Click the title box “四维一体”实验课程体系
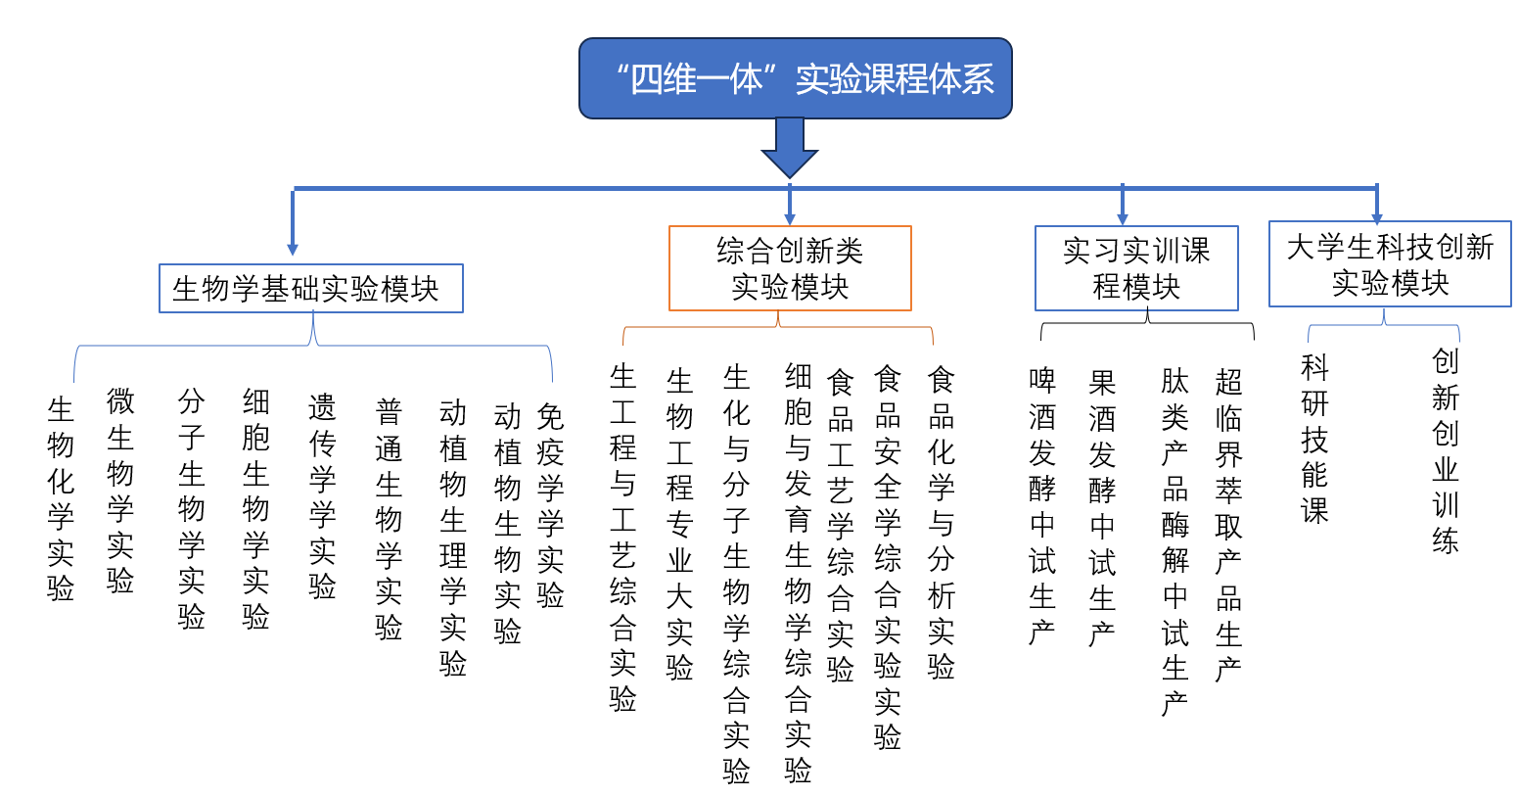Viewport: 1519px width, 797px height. (795, 78)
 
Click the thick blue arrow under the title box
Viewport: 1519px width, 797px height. (790, 146)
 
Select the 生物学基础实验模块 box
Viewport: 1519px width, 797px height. (310, 289)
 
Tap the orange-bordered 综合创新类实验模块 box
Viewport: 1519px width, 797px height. (790, 268)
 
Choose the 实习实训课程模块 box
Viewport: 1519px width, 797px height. (1136, 268)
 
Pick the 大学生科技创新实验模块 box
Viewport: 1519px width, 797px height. (1390, 264)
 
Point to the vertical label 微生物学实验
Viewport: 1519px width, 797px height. (120, 491)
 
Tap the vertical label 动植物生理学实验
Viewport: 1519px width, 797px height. (452, 538)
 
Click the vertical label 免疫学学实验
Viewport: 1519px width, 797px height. (550, 505)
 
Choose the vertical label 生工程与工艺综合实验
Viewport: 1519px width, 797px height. (622, 538)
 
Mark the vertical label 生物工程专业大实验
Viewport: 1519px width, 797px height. (679, 525)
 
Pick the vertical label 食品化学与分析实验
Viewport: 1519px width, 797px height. (941, 523)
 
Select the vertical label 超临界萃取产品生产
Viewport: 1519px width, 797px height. (1228, 525)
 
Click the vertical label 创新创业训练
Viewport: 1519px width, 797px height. (1445, 450)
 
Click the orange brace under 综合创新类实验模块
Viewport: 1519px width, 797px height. (778, 327)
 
